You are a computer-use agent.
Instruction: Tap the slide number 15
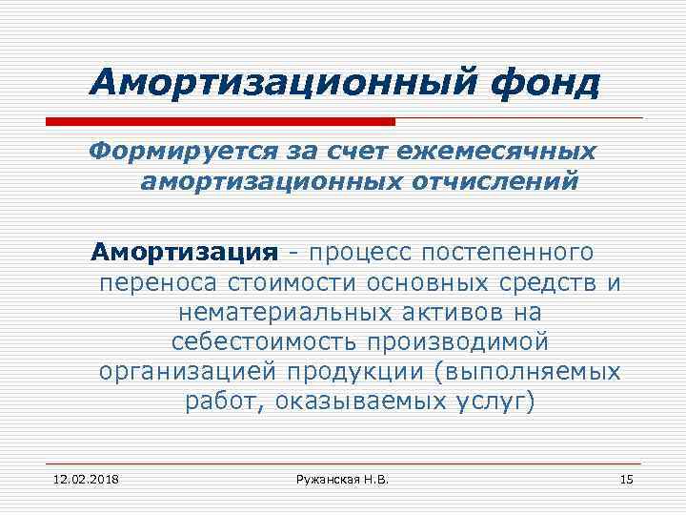tap(626, 478)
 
